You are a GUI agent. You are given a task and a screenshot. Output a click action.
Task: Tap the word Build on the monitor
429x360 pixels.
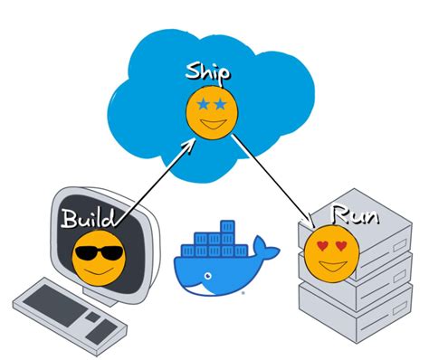89,218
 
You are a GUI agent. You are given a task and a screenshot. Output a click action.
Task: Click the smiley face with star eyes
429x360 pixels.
213,110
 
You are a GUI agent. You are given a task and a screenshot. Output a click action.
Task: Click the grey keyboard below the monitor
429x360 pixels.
68,312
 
